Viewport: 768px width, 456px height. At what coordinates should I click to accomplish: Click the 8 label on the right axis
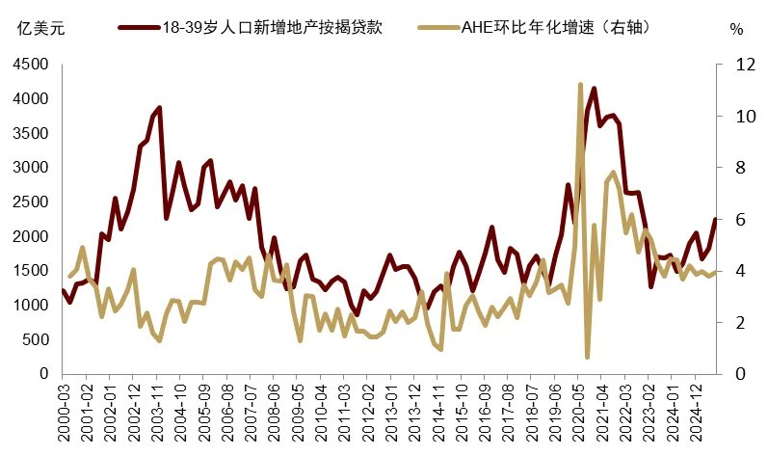tap(737, 168)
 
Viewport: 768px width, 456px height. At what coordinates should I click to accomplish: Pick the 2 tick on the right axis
tap(737, 322)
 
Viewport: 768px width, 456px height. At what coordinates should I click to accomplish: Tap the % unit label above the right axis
tap(737, 29)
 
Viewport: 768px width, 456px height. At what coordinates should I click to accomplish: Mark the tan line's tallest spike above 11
tap(580, 85)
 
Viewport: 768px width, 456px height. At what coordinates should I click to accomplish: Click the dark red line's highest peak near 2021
tap(594, 89)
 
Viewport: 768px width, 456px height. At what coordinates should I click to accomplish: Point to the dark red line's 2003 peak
tap(159, 108)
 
